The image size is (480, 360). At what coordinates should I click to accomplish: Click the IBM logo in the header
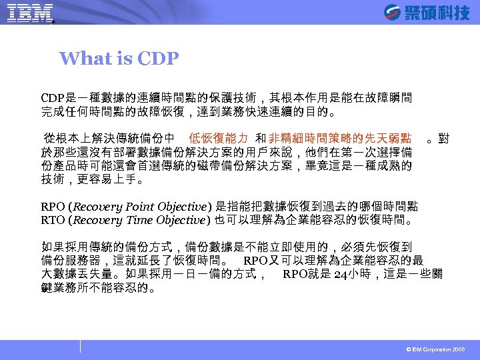click(30, 13)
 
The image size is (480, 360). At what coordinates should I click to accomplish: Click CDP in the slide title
click(158, 59)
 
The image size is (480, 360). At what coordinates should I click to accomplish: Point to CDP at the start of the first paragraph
click(53, 98)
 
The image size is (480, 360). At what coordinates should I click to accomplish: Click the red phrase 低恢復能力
click(219, 139)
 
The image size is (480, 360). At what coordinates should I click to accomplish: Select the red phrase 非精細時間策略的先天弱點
click(340, 139)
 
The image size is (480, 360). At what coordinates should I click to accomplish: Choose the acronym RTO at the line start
click(53, 220)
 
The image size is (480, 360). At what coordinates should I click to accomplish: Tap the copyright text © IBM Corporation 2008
click(436, 350)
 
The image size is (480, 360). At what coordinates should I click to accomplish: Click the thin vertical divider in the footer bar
click(81, 346)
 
